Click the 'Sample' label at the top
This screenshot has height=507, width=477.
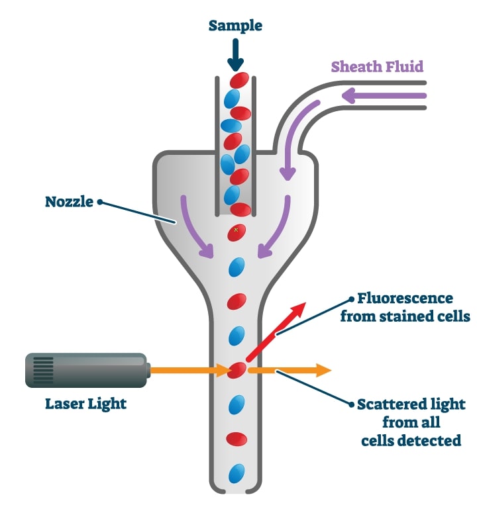[235, 26]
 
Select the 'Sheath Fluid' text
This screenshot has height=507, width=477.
[377, 66]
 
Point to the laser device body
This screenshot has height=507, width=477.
[86, 370]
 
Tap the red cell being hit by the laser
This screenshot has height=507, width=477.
[237, 370]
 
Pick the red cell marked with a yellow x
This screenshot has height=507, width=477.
[237, 232]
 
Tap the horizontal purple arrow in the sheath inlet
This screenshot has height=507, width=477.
[381, 97]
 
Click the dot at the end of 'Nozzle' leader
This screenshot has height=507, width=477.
[100, 201]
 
